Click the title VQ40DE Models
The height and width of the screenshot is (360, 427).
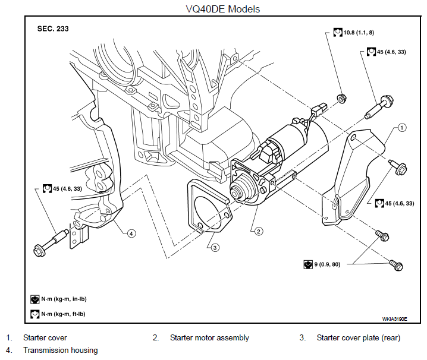(x=223, y=9)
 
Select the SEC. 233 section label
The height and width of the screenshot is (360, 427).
(x=53, y=29)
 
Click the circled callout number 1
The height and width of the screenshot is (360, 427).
(x=402, y=127)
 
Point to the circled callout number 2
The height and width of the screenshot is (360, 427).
(x=259, y=231)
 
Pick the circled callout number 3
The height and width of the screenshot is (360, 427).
(x=215, y=248)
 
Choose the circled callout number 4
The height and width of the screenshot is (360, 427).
(x=131, y=233)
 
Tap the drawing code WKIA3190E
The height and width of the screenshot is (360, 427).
(x=395, y=319)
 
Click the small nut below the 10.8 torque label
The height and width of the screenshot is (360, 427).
(x=341, y=98)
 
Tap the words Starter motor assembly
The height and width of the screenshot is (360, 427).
(x=209, y=337)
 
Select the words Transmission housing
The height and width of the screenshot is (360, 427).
(x=61, y=350)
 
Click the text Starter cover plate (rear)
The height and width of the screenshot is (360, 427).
(x=359, y=337)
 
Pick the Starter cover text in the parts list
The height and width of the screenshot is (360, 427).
(x=45, y=337)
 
